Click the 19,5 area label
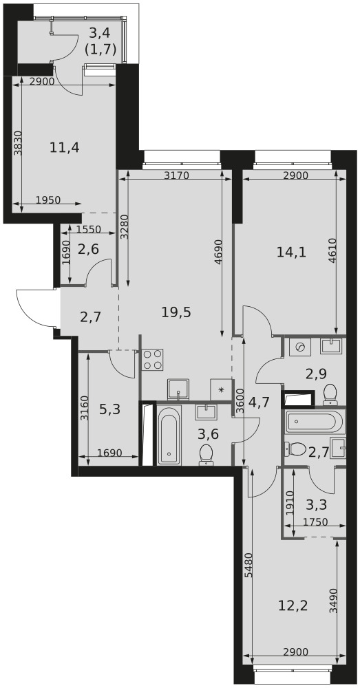(x=176, y=312)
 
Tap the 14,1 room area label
(x=292, y=252)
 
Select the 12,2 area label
(x=293, y=606)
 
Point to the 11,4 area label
(x=65, y=147)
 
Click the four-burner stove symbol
(x=152, y=360)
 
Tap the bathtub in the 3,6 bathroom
(x=169, y=436)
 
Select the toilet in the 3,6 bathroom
(x=206, y=455)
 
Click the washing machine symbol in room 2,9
(x=301, y=347)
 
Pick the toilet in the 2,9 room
(x=330, y=395)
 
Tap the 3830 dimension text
(x=17, y=144)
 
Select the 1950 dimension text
(x=48, y=200)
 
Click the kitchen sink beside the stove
(x=178, y=389)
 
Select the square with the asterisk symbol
(x=221, y=389)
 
